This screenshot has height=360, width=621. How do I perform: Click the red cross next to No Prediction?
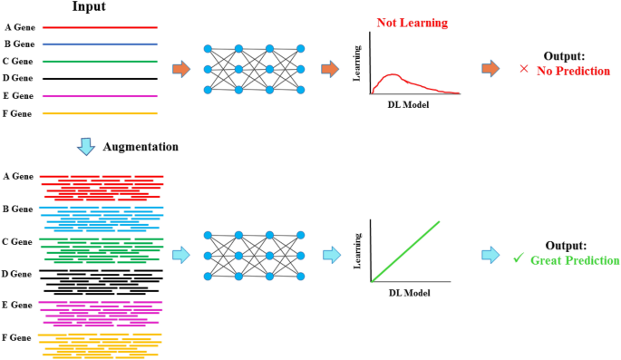(525, 70)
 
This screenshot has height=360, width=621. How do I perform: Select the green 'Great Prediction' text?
(574, 260)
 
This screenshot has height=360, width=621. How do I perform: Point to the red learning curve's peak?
(388, 75)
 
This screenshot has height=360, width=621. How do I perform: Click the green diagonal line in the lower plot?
(405, 251)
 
